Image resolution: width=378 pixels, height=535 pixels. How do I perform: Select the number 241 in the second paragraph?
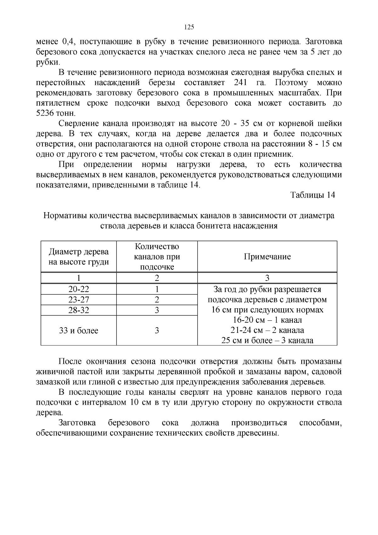tap(242, 83)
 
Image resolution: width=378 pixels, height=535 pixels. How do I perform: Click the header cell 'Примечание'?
tap(267, 257)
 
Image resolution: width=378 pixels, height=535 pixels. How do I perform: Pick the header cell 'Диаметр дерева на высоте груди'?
tap(79, 257)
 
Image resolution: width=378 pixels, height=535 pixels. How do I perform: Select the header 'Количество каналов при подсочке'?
tap(157, 257)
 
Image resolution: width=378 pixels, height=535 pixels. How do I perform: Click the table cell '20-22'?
tap(79, 289)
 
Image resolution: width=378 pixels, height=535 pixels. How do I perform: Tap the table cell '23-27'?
tap(79, 299)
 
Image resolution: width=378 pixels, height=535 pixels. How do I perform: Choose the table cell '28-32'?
tap(79, 310)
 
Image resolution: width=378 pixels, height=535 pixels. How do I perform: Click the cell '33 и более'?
tap(79, 330)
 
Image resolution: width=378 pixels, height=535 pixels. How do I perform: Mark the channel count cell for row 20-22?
tap(157, 289)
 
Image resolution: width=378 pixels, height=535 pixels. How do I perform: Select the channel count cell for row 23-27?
tap(157, 299)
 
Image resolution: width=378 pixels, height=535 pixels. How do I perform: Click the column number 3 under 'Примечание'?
tap(267, 278)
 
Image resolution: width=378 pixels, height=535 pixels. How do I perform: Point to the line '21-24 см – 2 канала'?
tap(267, 330)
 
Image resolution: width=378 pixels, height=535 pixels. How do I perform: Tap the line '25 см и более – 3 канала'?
tap(267, 340)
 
